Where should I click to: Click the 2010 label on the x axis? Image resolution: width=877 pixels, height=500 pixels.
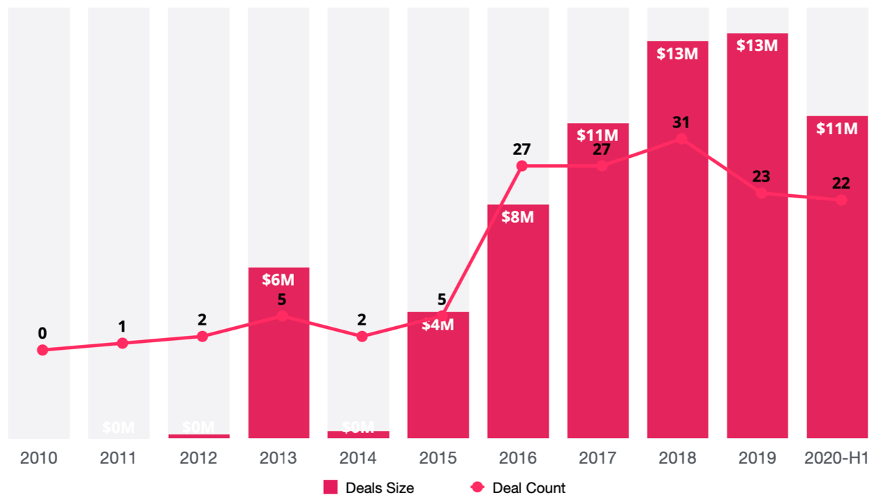[38, 459]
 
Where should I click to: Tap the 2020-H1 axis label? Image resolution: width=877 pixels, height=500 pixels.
[837, 459]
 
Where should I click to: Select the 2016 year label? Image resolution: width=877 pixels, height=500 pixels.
[517, 459]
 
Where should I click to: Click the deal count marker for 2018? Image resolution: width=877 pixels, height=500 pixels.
[681, 139]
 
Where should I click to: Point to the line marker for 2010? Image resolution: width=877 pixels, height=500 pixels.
[43, 350]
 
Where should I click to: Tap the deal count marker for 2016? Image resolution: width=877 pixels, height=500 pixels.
[522, 166]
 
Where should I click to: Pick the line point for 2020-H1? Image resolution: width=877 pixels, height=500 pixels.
[841, 200]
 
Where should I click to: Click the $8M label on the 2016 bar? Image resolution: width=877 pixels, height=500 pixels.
[517, 217]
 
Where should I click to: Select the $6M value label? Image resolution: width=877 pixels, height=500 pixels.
[279, 280]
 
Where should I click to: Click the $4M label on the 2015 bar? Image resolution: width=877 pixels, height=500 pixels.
[438, 325]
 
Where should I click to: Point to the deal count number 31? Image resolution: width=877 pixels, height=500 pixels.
[681, 122]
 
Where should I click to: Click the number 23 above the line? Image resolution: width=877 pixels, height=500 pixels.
[761, 176]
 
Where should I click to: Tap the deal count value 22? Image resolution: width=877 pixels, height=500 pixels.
[841, 183]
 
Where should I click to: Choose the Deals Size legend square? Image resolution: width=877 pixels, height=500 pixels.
[330, 487]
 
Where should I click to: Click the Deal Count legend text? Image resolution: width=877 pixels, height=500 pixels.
[529, 487]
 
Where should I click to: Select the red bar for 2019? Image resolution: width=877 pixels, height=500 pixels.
[758, 244]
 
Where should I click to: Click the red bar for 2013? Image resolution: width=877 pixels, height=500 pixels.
[279, 363]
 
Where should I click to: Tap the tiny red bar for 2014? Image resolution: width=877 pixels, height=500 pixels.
[358, 434]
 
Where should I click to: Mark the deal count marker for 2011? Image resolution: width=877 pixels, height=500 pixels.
[122, 343]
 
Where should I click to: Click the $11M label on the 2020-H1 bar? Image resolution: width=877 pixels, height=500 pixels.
[837, 128]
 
